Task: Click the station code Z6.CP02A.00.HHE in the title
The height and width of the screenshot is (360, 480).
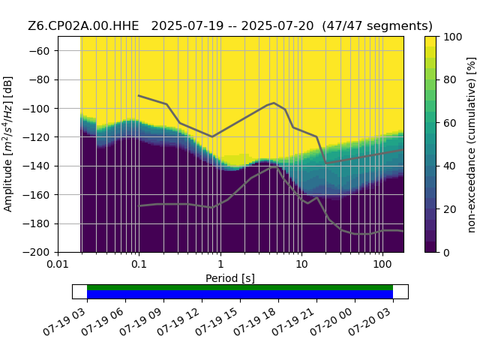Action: (x=83, y=26)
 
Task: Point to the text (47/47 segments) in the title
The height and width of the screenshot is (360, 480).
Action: (x=377, y=26)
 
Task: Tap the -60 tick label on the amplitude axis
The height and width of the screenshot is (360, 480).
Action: (x=39, y=51)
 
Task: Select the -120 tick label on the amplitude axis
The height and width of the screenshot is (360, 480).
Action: (x=37, y=137)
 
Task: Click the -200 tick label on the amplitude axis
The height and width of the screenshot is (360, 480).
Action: (x=37, y=253)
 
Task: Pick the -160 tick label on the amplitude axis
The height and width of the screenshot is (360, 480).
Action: (x=37, y=195)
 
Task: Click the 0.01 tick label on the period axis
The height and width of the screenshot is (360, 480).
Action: (x=58, y=264)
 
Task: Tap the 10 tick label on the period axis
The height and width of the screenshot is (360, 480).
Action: (x=301, y=264)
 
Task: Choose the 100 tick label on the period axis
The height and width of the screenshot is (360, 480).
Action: (x=382, y=264)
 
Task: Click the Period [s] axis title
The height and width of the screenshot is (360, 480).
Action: (x=230, y=278)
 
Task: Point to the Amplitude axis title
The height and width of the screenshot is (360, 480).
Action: (x=8, y=144)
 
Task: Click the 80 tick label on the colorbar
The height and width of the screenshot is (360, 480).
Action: (x=450, y=80)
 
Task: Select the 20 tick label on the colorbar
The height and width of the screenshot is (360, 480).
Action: (x=450, y=209)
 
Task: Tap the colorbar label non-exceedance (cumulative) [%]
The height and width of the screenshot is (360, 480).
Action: (x=472, y=145)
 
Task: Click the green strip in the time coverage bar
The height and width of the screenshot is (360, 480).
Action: (x=240, y=287)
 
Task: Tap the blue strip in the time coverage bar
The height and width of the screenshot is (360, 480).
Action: (x=240, y=295)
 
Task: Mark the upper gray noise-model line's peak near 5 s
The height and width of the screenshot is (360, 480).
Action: (x=274, y=103)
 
